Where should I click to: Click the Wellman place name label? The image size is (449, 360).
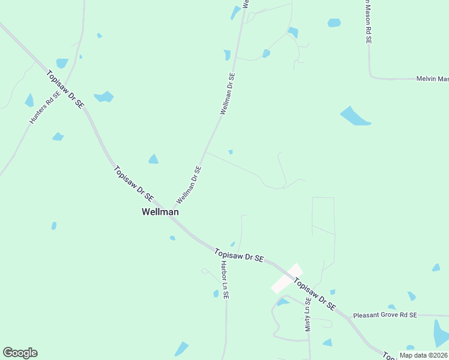[x=160, y=212]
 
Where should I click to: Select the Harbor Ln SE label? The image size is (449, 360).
[x=224, y=280]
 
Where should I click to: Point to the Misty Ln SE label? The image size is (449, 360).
[x=308, y=314]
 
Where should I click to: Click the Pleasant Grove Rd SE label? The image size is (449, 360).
[x=385, y=315]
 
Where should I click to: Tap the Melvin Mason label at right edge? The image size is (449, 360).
[x=432, y=79]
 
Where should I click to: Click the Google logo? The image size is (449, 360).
[x=20, y=353]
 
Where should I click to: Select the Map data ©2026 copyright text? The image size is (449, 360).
[x=423, y=355]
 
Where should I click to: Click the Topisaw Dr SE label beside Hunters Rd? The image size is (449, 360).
[x=65, y=89]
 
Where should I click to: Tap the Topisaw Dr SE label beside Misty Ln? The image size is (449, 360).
[x=315, y=294]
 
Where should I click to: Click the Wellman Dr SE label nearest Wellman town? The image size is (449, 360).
[x=188, y=185]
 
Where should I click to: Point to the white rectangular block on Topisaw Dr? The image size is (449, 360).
[x=286, y=278]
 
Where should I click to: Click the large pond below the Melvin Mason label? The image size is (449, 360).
[x=355, y=116]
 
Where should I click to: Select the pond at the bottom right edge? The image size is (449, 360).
[x=441, y=333]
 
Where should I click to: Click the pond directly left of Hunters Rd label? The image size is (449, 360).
[x=29, y=100]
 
